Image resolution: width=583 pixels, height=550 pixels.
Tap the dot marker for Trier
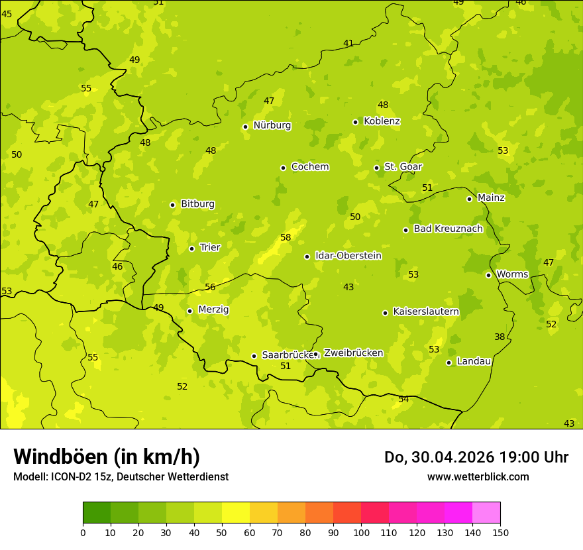click(x=191, y=248)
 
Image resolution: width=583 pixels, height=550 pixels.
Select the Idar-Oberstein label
click(x=348, y=256)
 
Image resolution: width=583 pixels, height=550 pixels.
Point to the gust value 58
click(x=286, y=237)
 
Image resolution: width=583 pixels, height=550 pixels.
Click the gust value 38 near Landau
click(x=500, y=337)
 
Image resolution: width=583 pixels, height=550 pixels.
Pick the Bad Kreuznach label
click(x=448, y=229)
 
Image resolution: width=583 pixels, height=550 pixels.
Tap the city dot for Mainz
click(x=469, y=199)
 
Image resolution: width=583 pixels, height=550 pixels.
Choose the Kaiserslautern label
click(x=425, y=311)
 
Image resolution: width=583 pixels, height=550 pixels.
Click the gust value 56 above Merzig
click(x=210, y=287)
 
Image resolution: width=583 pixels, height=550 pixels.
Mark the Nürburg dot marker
click(x=245, y=127)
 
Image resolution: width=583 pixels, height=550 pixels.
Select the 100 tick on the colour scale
click(x=361, y=532)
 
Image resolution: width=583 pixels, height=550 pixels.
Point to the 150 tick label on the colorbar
click(x=500, y=532)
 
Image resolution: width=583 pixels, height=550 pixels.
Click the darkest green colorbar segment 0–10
click(x=97, y=513)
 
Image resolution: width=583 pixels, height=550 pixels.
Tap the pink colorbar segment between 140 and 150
click(x=486, y=513)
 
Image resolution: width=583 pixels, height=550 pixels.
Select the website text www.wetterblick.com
click(x=478, y=476)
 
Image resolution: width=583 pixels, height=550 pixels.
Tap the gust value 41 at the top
click(x=348, y=43)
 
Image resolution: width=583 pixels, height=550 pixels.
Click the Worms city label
click(x=512, y=274)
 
